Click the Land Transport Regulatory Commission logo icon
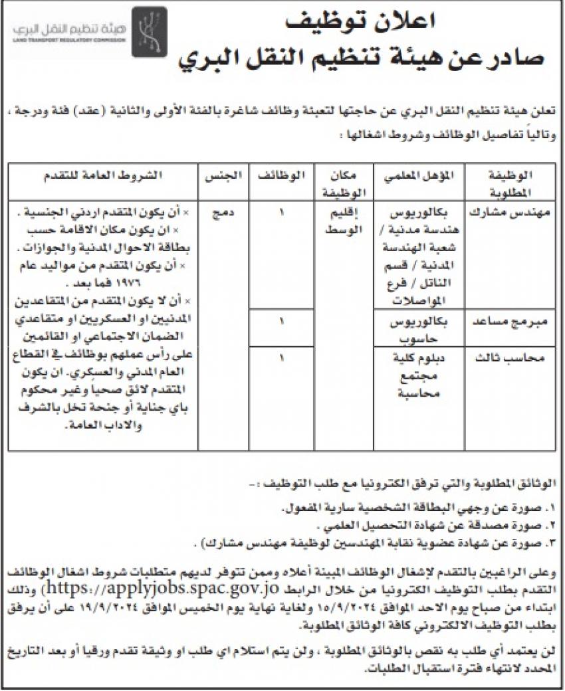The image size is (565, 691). [x=144, y=29]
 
